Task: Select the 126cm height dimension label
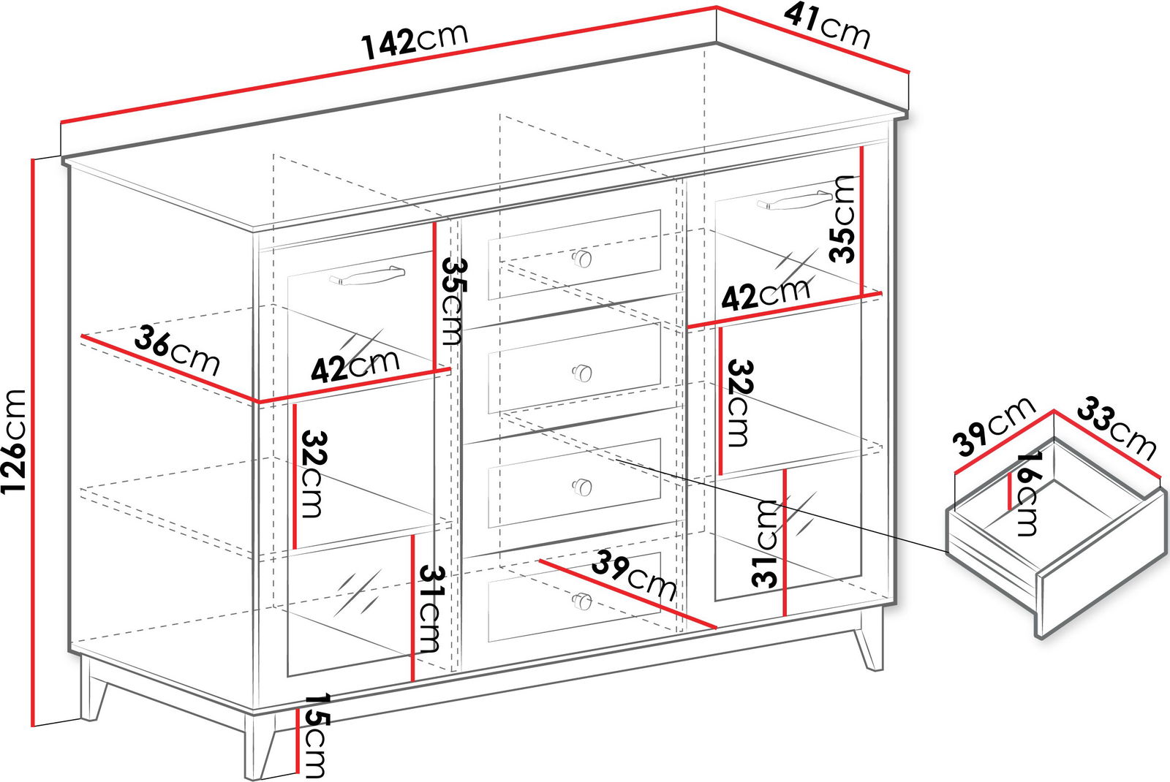click(14, 441)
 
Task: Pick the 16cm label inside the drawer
click(1026, 494)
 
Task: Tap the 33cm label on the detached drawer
click(1116, 429)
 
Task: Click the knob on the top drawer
click(581, 258)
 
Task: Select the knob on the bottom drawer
click(581, 601)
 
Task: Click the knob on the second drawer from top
click(581, 373)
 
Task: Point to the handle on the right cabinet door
click(794, 200)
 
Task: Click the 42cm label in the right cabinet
click(765, 295)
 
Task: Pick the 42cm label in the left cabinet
click(355, 365)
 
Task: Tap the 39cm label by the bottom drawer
click(633, 574)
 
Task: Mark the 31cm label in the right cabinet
click(765, 544)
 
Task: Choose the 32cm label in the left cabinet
click(314, 474)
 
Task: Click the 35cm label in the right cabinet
click(842, 219)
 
